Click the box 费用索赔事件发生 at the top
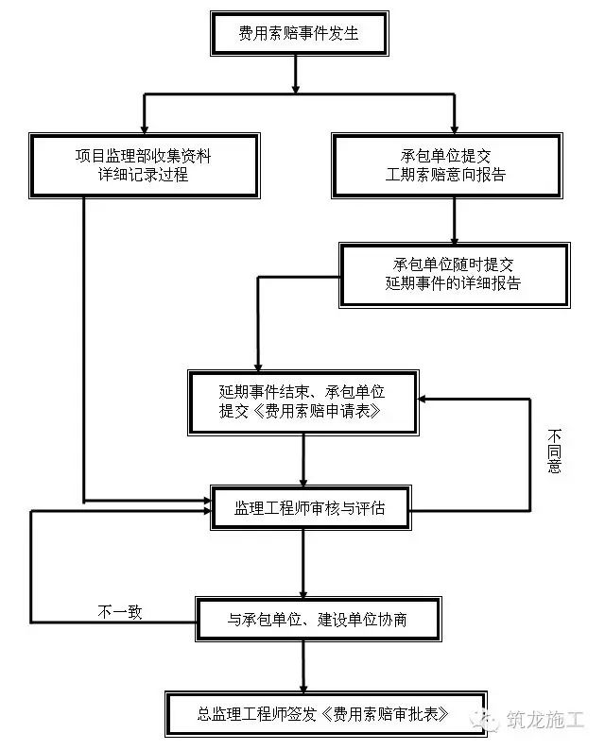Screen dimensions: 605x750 click(299, 33)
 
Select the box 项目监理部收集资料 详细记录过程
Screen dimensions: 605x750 click(144, 165)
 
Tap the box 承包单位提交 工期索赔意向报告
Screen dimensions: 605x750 click(446, 165)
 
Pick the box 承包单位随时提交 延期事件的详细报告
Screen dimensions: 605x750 click(455, 275)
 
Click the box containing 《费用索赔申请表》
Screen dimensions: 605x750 click(303, 402)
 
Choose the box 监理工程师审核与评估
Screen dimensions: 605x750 click(311, 508)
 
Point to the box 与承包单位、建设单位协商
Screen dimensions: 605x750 click(318, 620)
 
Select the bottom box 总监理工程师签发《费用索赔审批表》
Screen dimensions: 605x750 click(326, 714)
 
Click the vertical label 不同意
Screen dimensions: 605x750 click(554, 452)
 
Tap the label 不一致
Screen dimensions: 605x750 click(120, 612)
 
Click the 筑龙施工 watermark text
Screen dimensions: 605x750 click(545, 720)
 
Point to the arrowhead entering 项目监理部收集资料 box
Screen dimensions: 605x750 click(144, 129)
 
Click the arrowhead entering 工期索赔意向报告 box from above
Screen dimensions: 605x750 click(455, 129)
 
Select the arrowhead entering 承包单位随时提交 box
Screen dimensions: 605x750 click(455, 239)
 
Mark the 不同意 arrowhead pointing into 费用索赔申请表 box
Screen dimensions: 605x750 click(423, 399)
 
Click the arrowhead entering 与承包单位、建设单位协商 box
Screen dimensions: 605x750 click(303, 593)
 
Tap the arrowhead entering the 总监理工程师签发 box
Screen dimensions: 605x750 click(303, 688)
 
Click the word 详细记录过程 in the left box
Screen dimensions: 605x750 click(143, 175)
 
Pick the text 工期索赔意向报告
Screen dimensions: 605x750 click(445, 175)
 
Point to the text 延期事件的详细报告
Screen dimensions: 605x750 click(453, 283)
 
